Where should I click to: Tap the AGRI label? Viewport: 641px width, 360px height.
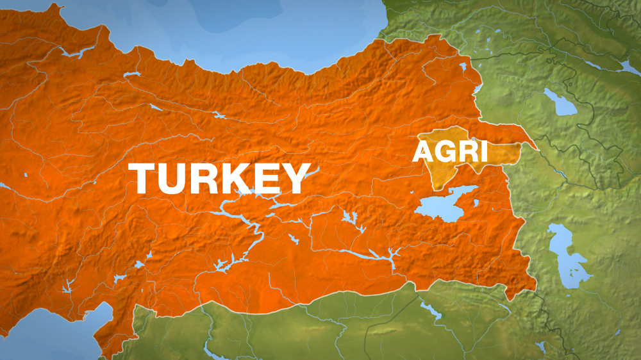click(x=450, y=152)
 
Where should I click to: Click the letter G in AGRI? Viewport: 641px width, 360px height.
click(x=443, y=152)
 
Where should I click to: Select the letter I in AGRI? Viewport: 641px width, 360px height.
click(x=483, y=152)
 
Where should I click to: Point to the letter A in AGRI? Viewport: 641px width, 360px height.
click(x=422, y=152)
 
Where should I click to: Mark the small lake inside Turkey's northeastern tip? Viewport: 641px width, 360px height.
click(x=463, y=65)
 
